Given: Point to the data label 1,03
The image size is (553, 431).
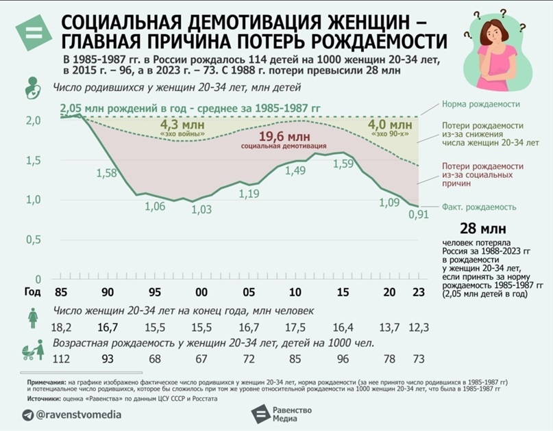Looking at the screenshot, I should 201,210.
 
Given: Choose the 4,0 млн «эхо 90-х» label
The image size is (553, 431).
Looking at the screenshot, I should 390,127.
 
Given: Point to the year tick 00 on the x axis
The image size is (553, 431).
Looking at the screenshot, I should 201,293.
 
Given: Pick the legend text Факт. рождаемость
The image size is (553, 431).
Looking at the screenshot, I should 479,207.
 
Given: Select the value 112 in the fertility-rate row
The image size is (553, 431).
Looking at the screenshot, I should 62,359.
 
